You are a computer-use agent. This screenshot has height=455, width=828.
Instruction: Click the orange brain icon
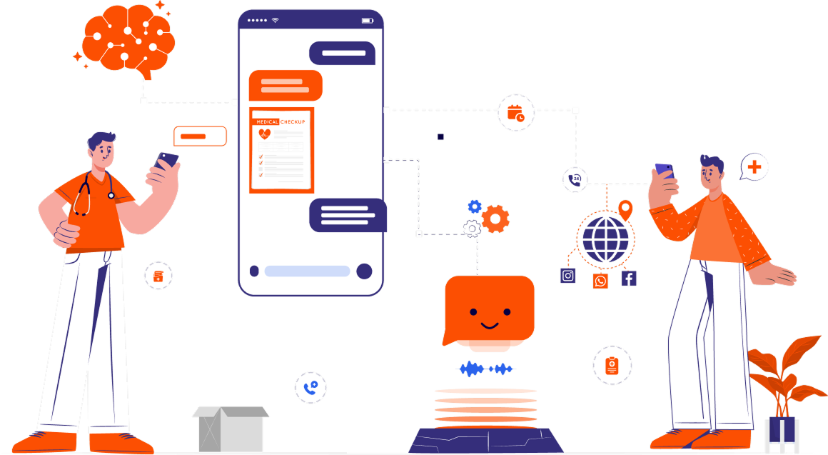click(128, 39)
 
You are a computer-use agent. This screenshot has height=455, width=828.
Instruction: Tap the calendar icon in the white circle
click(515, 113)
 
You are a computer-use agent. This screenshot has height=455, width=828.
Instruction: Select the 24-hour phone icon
click(575, 179)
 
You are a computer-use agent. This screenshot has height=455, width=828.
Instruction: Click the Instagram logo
click(568, 276)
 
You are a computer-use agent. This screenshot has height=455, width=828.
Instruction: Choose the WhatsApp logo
click(601, 281)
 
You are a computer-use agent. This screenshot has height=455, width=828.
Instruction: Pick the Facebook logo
click(629, 278)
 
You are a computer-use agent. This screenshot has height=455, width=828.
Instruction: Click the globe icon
click(605, 239)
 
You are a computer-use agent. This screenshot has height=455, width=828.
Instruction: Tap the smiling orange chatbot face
click(489, 309)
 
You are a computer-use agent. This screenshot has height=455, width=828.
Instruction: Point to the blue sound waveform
click(485, 369)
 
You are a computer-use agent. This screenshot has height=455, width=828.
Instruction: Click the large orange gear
click(495, 219)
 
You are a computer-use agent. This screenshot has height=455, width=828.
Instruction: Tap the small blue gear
click(475, 206)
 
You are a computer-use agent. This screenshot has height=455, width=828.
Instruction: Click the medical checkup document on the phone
click(281, 150)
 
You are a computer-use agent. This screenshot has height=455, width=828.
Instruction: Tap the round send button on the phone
click(364, 271)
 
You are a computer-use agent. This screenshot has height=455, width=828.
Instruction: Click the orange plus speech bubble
click(754, 168)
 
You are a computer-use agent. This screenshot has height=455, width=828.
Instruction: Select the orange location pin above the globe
click(625, 210)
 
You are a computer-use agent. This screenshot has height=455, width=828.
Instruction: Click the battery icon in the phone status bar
click(367, 21)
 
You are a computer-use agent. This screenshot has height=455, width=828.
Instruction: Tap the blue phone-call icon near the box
click(310, 388)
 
